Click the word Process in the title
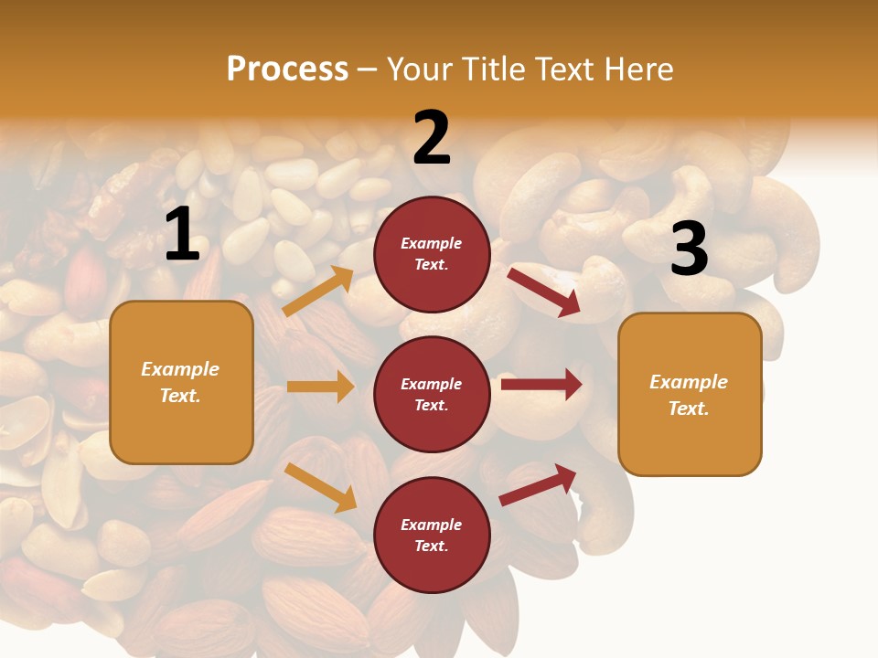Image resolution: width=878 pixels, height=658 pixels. pos(287,69)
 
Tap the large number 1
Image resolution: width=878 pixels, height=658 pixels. pos(182,235)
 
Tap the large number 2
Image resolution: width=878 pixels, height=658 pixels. pos(432,138)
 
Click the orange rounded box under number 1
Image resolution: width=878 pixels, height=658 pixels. pos(181,382)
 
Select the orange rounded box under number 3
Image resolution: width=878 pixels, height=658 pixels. pos(690,395)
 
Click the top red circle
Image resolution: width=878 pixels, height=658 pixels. pos(432,254)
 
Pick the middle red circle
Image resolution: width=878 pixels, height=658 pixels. pos(432,394)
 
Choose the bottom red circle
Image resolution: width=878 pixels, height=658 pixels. pos(432,535)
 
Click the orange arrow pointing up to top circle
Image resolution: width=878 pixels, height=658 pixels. pos(319,292)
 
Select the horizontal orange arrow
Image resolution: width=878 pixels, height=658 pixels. pos(320,387)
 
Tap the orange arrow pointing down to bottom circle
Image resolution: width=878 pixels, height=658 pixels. pos(321,487)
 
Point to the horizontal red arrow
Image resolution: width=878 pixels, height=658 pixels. pos(541,385)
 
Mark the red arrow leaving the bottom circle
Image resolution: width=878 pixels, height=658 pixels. pos(539,484)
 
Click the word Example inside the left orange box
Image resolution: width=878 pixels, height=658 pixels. pos(180,369)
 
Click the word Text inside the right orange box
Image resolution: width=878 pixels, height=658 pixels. pos(688,409)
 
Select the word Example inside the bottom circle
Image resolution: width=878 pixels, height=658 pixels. pos(432,525)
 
